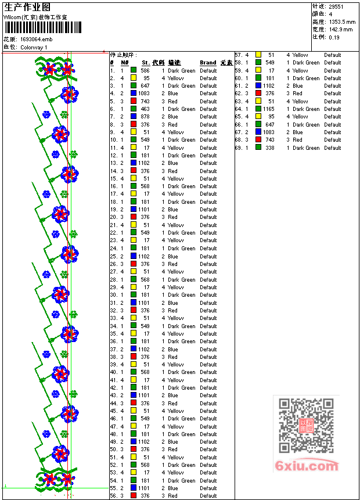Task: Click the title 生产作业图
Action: (27, 7)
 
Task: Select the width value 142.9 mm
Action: (341, 29)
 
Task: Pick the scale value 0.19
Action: (334, 37)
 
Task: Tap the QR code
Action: (307, 426)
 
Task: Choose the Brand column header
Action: (208, 63)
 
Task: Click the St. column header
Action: (146, 63)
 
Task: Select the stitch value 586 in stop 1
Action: (145, 70)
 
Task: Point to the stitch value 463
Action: (145, 109)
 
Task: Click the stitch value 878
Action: (145, 117)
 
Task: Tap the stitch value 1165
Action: (268, 109)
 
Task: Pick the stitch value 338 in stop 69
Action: (270, 148)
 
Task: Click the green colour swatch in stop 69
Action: (258, 148)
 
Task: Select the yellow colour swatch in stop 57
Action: (258, 55)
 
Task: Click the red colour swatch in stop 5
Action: (134, 101)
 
